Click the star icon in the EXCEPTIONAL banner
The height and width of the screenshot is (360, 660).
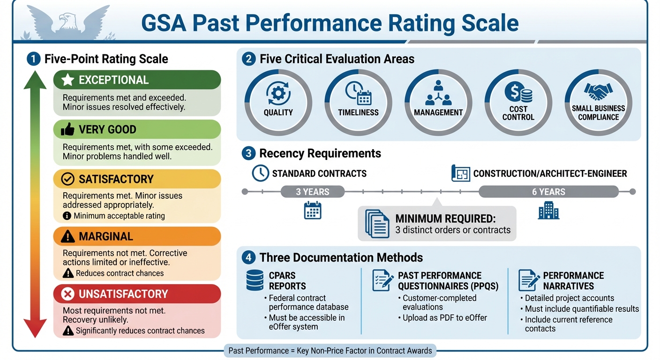(x=67, y=80)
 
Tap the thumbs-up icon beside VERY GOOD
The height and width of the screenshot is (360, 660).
(x=67, y=129)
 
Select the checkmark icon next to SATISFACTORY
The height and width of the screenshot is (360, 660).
(x=68, y=179)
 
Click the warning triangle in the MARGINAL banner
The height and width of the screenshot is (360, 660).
(x=68, y=237)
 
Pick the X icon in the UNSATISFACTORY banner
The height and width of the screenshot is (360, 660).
(x=68, y=294)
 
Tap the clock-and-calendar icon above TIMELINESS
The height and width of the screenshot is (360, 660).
(x=358, y=93)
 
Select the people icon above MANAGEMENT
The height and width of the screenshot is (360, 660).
(x=438, y=93)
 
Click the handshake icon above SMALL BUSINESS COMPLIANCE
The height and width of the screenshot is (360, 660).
(x=598, y=91)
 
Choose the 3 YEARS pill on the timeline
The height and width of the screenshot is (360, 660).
(x=312, y=192)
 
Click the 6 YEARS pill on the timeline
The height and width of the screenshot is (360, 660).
(x=548, y=192)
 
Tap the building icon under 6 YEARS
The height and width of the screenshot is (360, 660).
(x=548, y=212)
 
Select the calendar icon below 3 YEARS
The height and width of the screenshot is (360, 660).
(x=313, y=210)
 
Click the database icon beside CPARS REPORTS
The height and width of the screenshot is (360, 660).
(x=255, y=280)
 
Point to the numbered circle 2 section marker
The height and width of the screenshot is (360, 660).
(x=248, y=59)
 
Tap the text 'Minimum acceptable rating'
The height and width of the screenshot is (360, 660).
(x=119, y=216)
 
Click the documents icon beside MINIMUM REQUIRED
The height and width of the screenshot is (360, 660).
(x=377, y=223)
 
